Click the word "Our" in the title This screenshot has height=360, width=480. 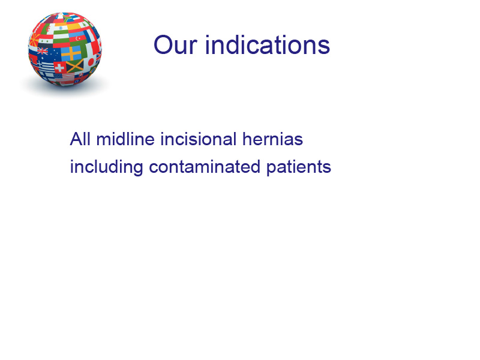[x=175, y=45]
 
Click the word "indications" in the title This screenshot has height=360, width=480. [x=268, y=44]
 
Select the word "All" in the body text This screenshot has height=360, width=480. [x=80, y=139]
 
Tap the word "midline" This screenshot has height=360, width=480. [x=125, y=139]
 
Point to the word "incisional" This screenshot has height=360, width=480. [x=199, y=139]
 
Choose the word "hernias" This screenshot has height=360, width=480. [x=272, y=139]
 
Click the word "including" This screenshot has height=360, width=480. [x=107, y=167]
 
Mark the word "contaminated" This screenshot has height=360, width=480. [x=205, y=167]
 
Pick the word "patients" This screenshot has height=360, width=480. [x=298, y=167]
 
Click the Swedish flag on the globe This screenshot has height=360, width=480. [x=71, y=53]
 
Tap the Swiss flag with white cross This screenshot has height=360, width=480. [x=59, y=67]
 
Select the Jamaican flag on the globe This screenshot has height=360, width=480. [x=75, y=66]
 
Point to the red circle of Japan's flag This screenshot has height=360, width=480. [x=91, y=62]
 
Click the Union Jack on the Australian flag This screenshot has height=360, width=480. [x=43, y=51]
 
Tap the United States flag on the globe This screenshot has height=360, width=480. [x=64, y=77]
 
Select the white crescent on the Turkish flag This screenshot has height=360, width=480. [x=78, y=38]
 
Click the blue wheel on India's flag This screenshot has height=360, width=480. [x=61, y=28]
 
